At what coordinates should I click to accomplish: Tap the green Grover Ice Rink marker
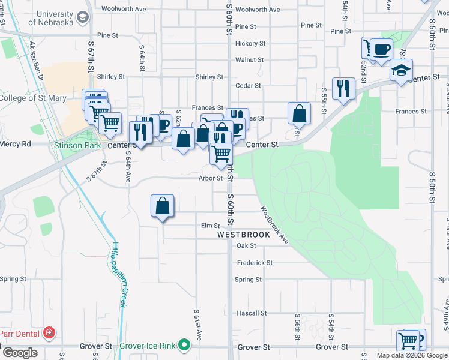click(185, 346)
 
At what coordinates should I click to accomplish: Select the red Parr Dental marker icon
click(49, 333)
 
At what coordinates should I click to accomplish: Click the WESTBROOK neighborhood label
click(244, 235)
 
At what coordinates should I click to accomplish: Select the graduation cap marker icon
click(401, 71)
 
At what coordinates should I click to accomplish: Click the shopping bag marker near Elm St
click(162, 206)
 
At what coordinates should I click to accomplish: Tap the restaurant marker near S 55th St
click(343, 89)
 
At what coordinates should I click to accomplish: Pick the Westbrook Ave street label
click(275, 225)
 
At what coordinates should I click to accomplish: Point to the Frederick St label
click(255, 263)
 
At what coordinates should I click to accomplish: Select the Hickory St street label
click(250, 44)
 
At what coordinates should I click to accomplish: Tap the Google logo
click(20, 353)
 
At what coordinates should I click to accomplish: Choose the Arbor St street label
click(211, 178)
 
